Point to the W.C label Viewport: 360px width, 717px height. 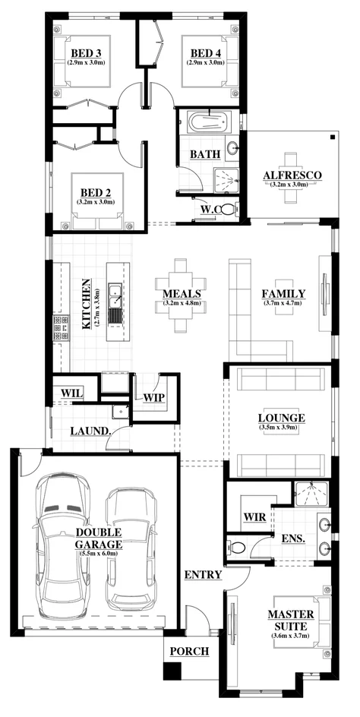coord(210,209)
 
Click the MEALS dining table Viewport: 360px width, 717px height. coord(181,294)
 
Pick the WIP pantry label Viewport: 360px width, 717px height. coord(154,397)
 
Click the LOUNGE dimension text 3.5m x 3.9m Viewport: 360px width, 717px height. coord(281,429)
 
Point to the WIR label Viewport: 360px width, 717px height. coord(253,516)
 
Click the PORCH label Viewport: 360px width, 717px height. coord(188,651)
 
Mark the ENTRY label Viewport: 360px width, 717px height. coord(203,575)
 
